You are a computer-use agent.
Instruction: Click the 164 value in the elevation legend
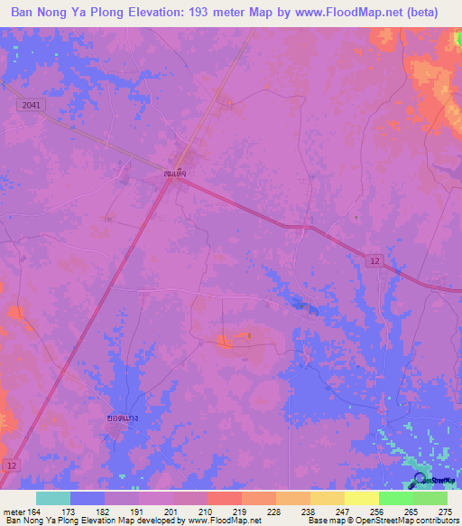[x=37, y=511]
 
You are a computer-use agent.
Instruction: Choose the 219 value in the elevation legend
[x=241, y=511]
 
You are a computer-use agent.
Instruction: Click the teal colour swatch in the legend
[x=52, y=498]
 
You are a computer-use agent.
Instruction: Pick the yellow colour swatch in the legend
[x=361, y=498]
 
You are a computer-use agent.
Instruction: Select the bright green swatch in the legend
[x=395, y=498]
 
